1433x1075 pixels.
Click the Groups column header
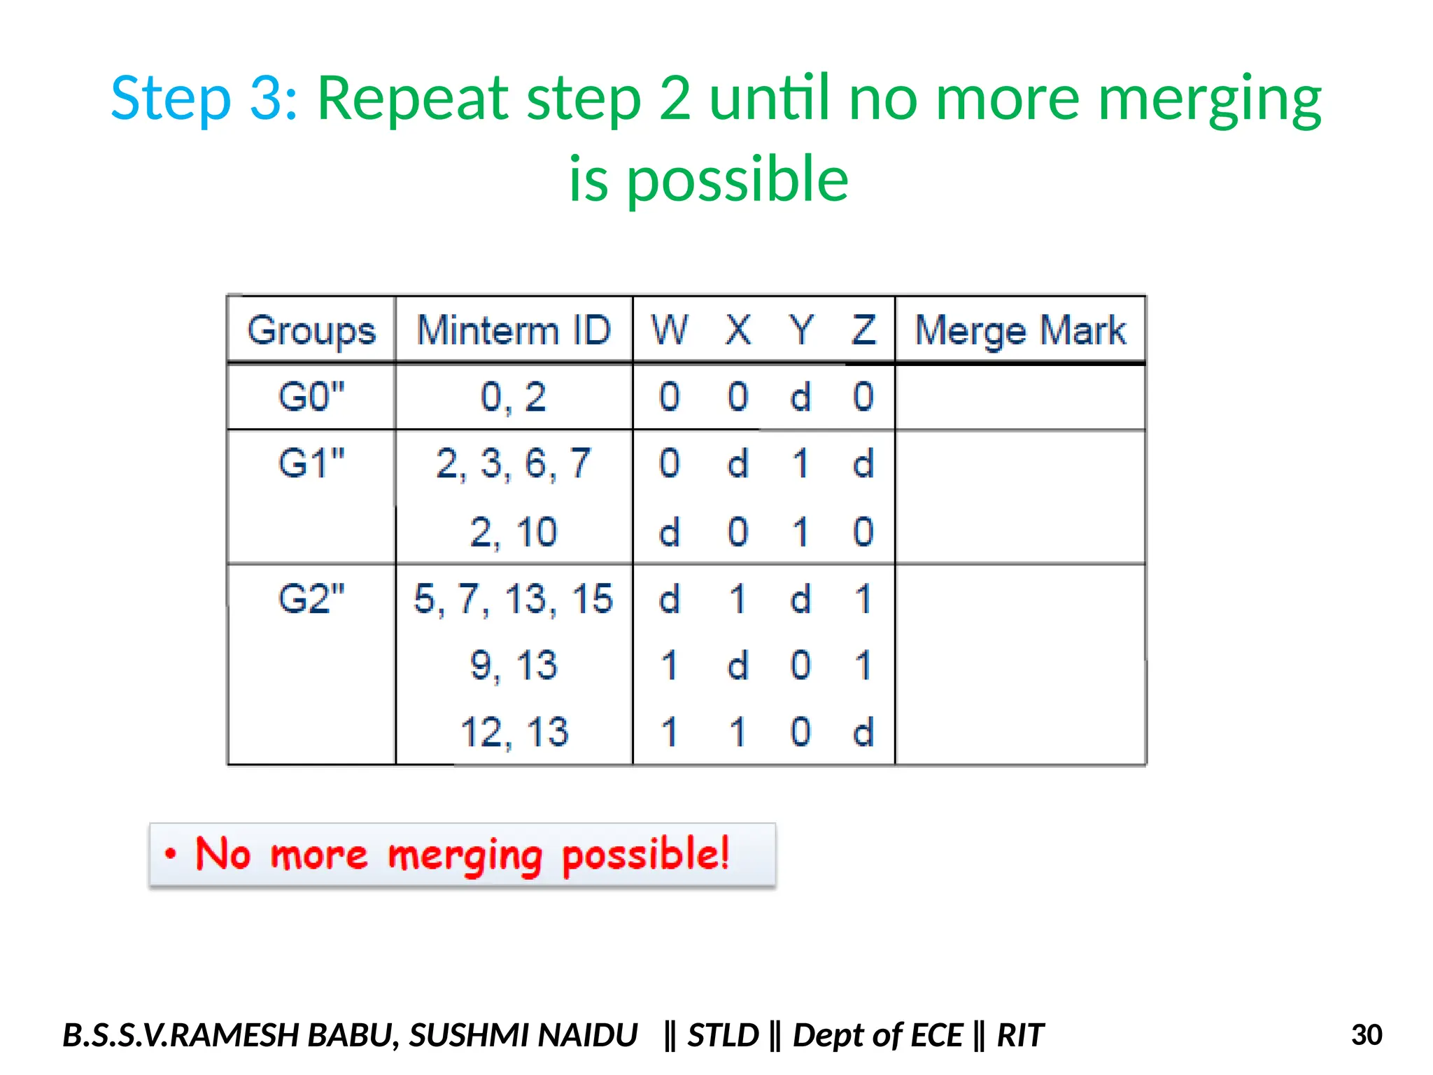(x=311, y=330)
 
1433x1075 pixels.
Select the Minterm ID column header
(x=514, y=330)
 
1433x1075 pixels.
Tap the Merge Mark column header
(x=1020, y=330)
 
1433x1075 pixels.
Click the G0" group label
(x=311, y=397)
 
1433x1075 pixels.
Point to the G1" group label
(x=311, y=463)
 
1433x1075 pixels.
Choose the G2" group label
(x=311, y=599)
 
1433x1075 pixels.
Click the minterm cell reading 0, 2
(x=514, y=397)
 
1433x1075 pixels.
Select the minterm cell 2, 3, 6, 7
(x=514, y=463)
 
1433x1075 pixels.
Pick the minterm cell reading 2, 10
(x=514, y=532)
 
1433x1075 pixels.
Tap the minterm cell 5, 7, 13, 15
(x=514, y=599)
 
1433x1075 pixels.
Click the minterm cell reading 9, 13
(x=514, y=665)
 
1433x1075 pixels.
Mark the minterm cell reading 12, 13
(x=514, y=732)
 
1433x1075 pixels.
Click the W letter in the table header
(x=670, y=330)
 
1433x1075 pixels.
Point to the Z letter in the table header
(x=863, y=330)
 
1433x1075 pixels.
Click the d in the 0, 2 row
(x=800, y=398)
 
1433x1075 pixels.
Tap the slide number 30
(x=1367, y=1034)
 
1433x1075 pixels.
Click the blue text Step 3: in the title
(x=205, y=98)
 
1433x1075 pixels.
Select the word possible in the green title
(x=737, y=179)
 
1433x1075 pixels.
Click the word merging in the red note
(x=465, y=855)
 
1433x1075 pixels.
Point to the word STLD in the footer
(x=723, y=1035)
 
